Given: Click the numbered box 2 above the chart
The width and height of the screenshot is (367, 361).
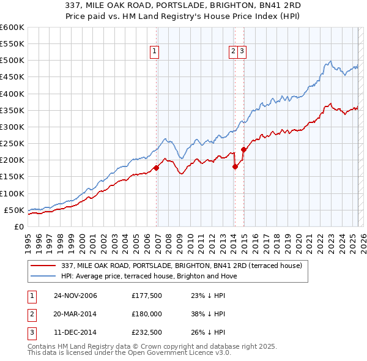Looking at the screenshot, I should tap(233, 52).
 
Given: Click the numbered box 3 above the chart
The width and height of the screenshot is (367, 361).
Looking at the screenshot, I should tap(242, 52).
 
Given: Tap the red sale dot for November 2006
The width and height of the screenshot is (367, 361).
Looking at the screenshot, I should tap(157, 168).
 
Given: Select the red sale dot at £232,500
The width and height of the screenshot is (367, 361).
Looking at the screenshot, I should tap(243, 149).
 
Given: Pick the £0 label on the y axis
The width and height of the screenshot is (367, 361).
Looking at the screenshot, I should tap(18, 226).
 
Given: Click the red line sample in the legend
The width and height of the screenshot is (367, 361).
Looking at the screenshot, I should tap(43, 266).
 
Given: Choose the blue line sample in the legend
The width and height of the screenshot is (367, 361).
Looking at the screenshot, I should tap(43, 276).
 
